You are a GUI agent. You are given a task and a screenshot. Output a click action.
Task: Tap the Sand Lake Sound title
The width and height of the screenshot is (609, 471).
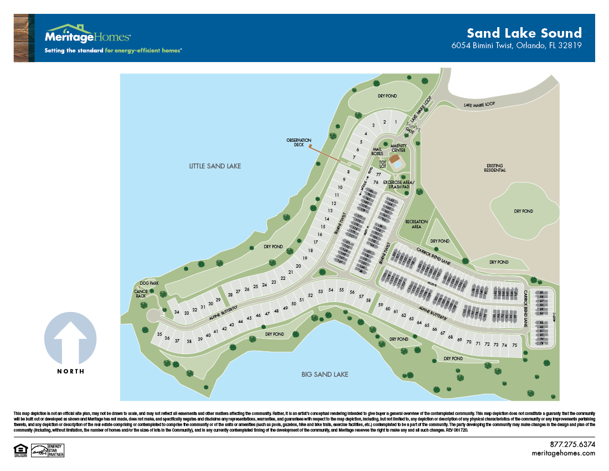[x=524, y=33]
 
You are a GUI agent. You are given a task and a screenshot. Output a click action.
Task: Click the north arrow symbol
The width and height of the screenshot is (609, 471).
[x=70, y=338]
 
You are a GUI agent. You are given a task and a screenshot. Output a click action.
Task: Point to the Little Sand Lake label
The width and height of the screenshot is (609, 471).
[x=215, y=166]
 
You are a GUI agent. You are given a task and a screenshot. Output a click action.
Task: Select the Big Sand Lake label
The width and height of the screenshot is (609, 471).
[x=324, y=375]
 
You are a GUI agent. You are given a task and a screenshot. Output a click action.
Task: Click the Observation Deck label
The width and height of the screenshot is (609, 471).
[x=299, y=142]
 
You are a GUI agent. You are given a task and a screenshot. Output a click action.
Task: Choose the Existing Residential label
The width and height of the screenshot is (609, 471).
[x=496, y=168]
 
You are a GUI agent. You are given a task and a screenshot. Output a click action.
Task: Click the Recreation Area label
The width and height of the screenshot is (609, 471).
[x=416, y=224]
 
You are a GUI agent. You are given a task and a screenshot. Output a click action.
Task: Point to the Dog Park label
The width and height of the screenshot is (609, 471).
[x=149, y=283]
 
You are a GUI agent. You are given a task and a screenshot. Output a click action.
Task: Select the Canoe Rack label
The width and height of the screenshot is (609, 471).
[x=140, y=293]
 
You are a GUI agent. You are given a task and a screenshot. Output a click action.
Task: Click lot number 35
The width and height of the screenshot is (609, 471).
[x=159, y=335]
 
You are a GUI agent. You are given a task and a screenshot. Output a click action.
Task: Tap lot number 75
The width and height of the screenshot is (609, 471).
[x=514, y=345]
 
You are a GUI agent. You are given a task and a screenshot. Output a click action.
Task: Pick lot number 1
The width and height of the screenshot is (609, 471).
[x=396, y=122]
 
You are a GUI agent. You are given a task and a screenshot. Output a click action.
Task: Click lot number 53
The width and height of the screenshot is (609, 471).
[x=320, y=291]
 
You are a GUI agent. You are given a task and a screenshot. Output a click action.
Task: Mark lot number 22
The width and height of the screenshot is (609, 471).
[x=282, y=278]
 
